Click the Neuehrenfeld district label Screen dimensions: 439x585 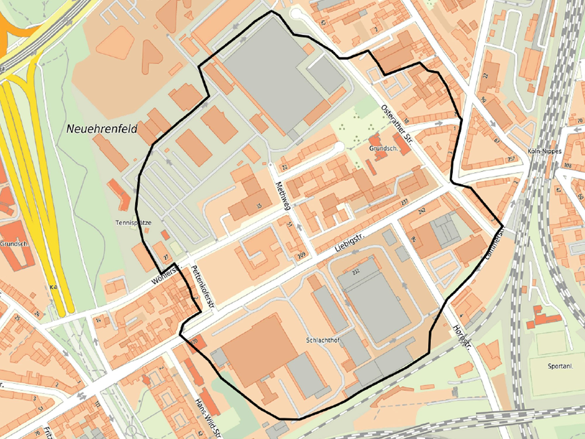[x=102, y=129]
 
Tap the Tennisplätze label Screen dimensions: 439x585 [x=133, y=223]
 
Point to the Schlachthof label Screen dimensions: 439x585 [x=323, y=340]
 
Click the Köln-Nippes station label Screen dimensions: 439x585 [x=544, y=151]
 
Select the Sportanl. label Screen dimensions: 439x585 [x=560, y=366]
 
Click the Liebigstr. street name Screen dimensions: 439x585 [x=350, y=243]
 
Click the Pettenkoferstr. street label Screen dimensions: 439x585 [x=203, y=287]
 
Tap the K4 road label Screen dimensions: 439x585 [x=53, y=287]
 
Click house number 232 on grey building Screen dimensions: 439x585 [x=356, y=272]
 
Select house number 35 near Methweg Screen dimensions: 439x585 [x=259, y=206]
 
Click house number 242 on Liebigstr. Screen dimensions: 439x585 [x=422, y=210]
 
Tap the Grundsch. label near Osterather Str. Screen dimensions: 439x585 [x=383, y=148]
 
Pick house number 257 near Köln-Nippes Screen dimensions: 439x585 [x=511, y=159]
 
